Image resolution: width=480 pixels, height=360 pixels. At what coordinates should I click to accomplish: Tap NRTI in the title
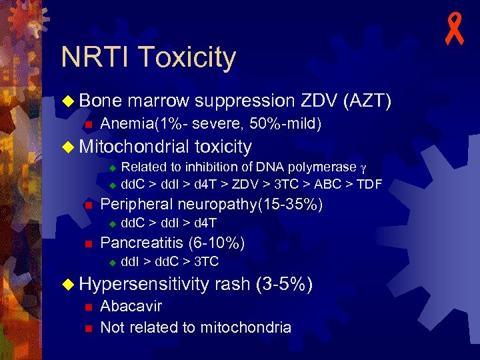coord(92,57)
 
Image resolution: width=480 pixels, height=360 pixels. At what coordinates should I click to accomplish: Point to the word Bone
coord(100,101)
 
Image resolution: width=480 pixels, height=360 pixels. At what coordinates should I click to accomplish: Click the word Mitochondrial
coord(133,146)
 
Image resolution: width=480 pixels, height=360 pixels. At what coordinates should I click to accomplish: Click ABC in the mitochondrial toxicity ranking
coord(331,183)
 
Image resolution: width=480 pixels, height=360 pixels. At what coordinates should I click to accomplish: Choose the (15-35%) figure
coord(294,205)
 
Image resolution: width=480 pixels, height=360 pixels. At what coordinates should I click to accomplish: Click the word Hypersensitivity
coord(144,285)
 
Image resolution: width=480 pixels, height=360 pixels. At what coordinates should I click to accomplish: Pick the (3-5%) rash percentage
coord(283,285)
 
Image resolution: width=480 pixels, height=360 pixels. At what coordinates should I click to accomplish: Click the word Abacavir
coord(131,307)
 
